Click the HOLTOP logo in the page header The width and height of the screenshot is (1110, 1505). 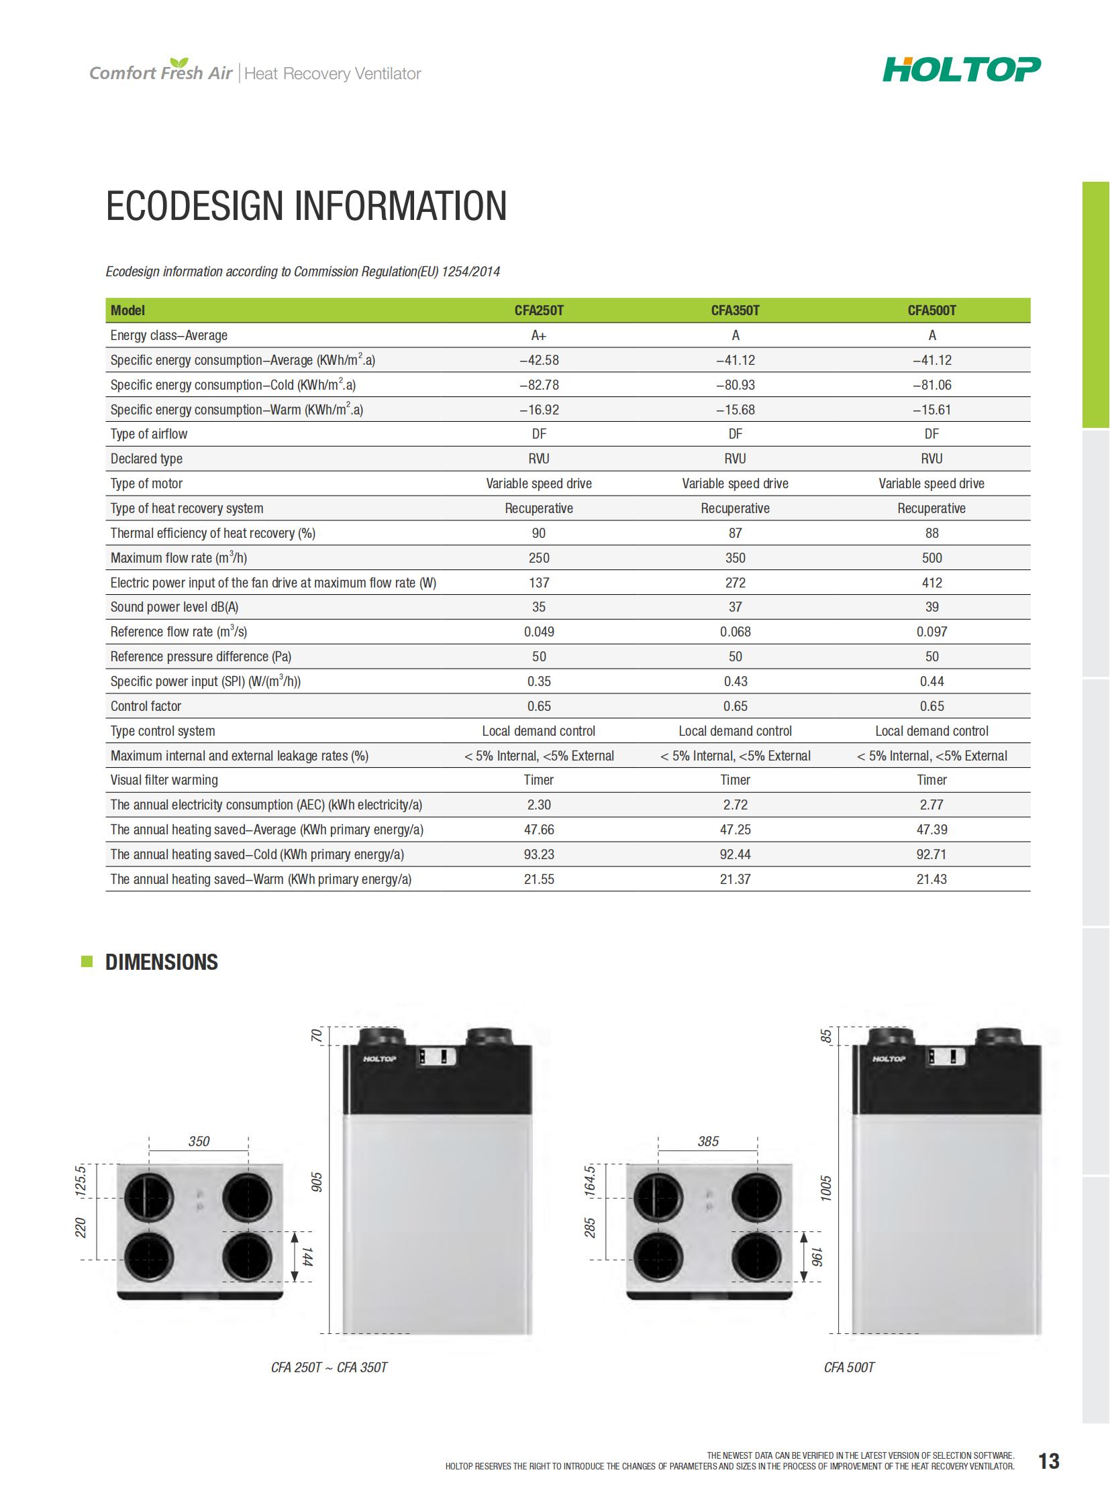961,69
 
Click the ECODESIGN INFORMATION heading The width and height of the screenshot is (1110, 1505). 307,205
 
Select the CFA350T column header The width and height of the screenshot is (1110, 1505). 735,311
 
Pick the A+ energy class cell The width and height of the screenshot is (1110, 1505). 538,335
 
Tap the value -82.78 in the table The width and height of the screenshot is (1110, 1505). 538,385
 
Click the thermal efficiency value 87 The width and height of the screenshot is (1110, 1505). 735,533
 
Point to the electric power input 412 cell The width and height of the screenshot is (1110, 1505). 931,583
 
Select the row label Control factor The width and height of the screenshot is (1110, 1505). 146,706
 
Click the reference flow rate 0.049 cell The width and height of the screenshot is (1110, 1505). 538,632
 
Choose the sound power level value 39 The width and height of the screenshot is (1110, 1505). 931,607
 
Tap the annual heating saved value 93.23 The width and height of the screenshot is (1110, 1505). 538,854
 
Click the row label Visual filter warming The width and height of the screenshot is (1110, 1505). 164,780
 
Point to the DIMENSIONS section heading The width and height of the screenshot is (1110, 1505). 161,962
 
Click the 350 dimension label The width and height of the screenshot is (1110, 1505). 199,1141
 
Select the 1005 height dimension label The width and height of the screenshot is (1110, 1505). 825,1188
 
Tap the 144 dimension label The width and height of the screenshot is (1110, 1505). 307,1258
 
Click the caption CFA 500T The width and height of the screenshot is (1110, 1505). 849,1368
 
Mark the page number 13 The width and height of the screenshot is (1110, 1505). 1048,1461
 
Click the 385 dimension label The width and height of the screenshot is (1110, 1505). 708,1141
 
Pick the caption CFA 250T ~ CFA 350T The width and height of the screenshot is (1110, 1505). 329,1368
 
